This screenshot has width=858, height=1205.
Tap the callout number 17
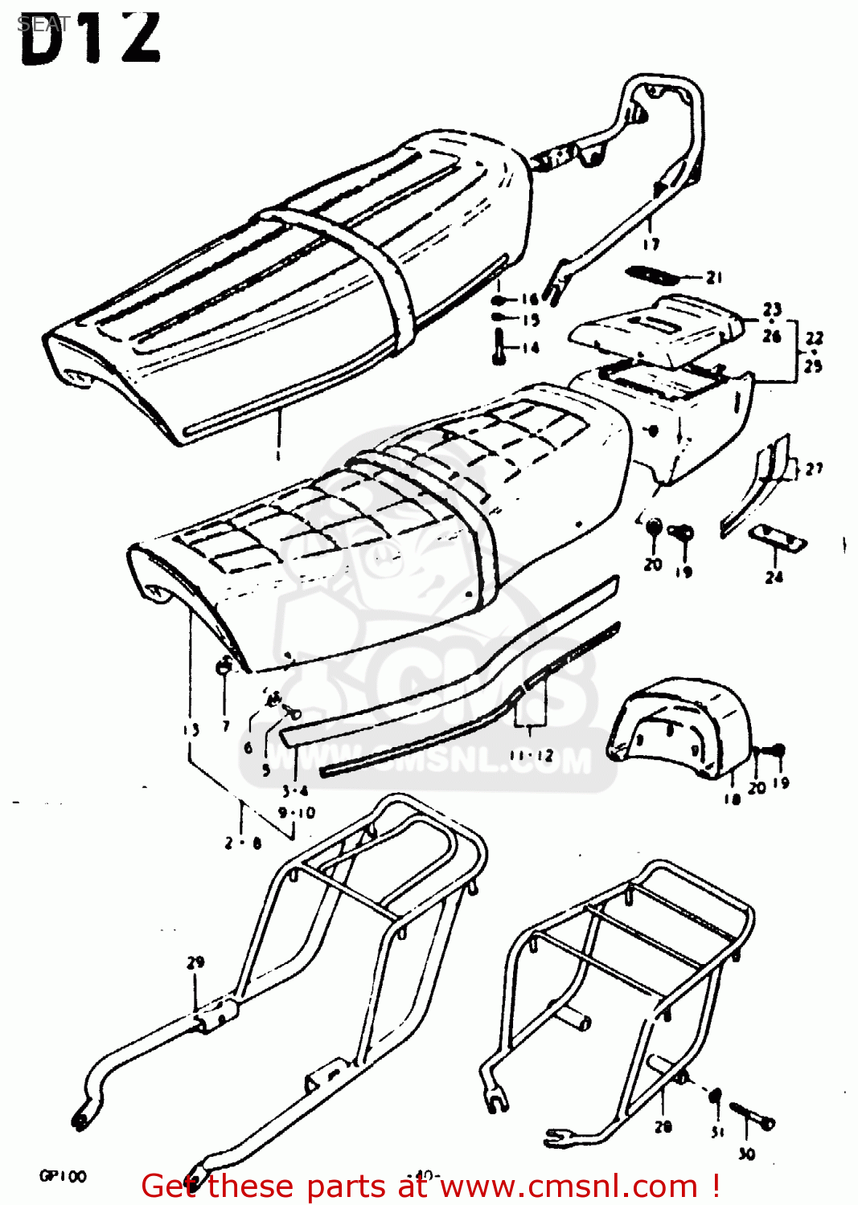(x=651, y=244)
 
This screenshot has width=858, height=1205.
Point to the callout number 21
(x=714, y=277)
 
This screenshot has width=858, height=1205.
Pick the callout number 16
(x=529, y=300)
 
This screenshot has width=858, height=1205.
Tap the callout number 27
(x=814, y=468)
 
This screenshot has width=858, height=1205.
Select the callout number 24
(x=774, y=577)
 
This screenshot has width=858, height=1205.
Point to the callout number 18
(x=731, y=799)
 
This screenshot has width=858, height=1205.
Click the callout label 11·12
(x=531, y=755)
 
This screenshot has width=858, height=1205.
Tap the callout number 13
(x=190, y=730)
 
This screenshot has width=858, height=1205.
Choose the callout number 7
(x=226, y=726)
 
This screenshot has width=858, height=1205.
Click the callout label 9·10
(x=297, y=813)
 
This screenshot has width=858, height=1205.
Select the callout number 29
(x=195, y=962)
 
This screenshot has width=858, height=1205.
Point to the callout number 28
(x=663, y=1127)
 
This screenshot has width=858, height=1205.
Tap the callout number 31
(x=717, y=1132)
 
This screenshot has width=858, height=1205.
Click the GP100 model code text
(x=63, y=1177)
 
